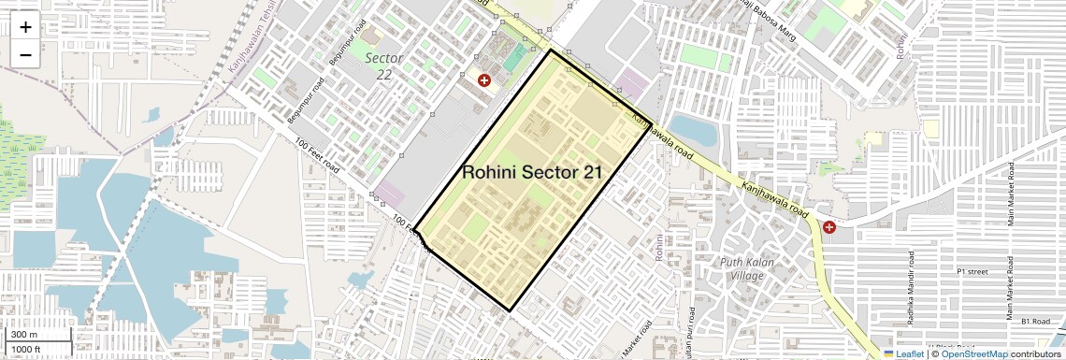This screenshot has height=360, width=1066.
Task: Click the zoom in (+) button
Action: tap(25, 27)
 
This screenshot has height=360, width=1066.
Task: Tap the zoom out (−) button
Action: tap(25, 55)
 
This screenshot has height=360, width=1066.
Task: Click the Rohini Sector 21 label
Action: tap(532, 172)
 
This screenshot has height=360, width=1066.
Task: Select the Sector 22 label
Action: tap(384, 65)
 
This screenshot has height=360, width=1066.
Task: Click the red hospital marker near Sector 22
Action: tap(484, 81)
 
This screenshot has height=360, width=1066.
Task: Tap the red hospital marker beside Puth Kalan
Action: tap(829, 227)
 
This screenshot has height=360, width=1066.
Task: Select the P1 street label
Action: tap(972, 271)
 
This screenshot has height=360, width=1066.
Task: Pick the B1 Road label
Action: tap(1036, 321)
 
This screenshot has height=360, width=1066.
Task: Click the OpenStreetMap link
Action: tap(973, 353)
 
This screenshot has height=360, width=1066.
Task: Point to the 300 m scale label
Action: tap(24, 335)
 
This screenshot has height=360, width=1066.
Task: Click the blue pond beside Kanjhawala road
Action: tap(693, 131)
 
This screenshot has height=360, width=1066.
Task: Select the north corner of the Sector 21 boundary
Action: tap(551, 50)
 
